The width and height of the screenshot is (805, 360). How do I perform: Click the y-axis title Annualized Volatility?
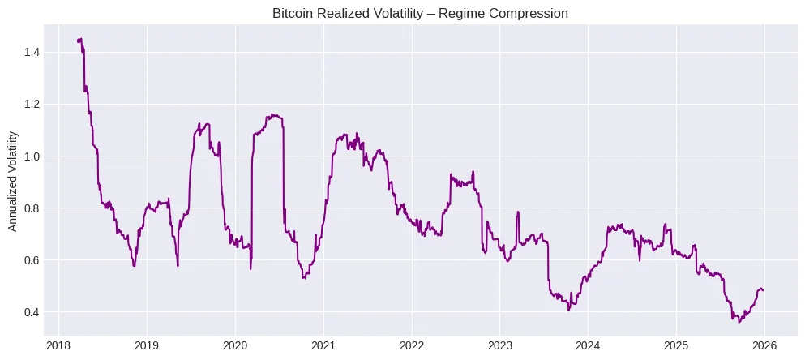(x=14, y=182)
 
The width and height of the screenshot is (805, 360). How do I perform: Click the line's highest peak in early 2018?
(x=80, y=38)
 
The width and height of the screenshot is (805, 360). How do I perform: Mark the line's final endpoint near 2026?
(x=763, y=290)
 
